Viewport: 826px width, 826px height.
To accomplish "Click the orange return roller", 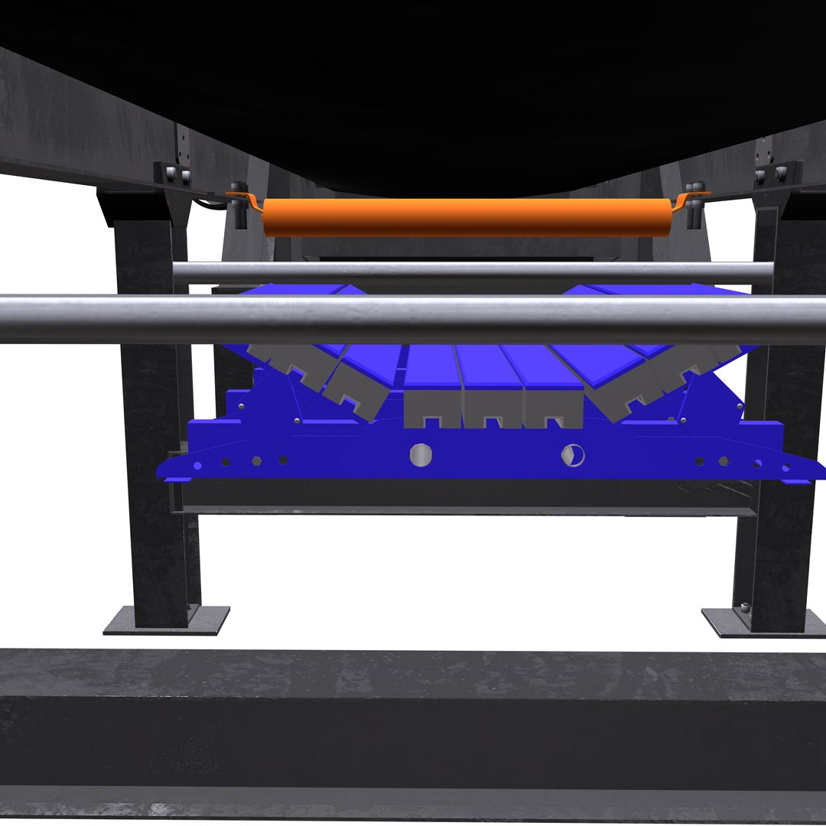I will (x=467, y=217).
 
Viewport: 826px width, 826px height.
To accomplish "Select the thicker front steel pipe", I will (x=413, y=320).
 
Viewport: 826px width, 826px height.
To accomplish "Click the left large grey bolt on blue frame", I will (x=420, y=455).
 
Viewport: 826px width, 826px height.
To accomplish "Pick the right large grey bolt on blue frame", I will (x=572, y=454).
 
